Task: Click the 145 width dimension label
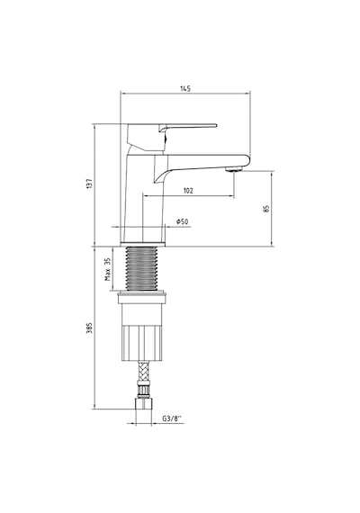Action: point(185,88)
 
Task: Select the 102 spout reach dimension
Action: point(188,191)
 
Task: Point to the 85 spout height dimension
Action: point(266,209)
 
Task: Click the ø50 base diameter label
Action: point(183,221)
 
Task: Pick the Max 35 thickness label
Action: point(108,269)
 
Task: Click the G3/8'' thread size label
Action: point(172,418)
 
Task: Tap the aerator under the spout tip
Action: point(234,169)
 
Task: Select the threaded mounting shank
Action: point(141,268)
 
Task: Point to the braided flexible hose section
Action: point(144,371)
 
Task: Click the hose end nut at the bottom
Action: point(144,403)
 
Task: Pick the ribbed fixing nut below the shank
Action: point(141,343)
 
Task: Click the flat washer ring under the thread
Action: point(141,294)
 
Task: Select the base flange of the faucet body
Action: point(143,244)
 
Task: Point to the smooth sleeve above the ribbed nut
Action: point(141,311)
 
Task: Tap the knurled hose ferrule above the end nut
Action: point(144,390)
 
